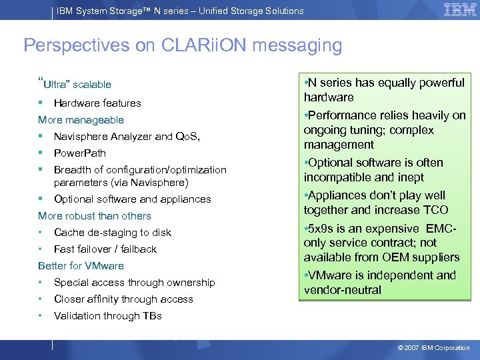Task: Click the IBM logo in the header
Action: point(460,10)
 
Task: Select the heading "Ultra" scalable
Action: point(75,85)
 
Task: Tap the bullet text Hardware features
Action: point(97,103)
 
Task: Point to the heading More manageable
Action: point(81,120)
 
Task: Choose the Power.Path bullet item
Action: point(79,153)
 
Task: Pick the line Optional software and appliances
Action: point(132,199)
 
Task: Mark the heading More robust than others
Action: point(95,216)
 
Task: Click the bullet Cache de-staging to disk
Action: point(112,233)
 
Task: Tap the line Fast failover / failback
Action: point(105,249)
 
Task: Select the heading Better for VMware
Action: point(81,266)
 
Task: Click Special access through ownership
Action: point(134,283)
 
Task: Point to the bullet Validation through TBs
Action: point(107,316)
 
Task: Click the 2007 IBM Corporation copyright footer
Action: point(433,348)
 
